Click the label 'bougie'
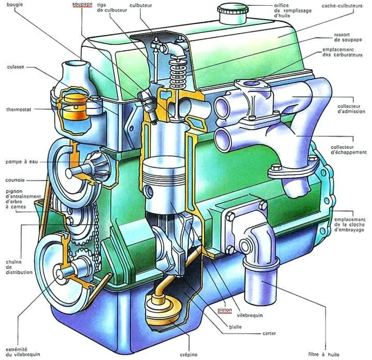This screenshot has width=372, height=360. (x=15, y=4)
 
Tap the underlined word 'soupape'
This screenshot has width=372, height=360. (x=82, y=4)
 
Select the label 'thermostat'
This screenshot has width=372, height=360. (x=19, y=110)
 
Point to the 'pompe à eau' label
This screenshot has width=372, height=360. (x=22, y=162)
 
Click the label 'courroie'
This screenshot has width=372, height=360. (x=15, y=180)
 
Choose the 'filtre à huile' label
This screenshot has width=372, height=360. (x=324, y=354)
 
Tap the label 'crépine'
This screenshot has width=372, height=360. (x=189, y=355)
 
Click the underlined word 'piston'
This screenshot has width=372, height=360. (x=225, y=309)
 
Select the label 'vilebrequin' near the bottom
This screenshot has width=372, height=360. (x=250, y=315)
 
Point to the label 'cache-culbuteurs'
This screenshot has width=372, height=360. (x=342, y=5)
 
